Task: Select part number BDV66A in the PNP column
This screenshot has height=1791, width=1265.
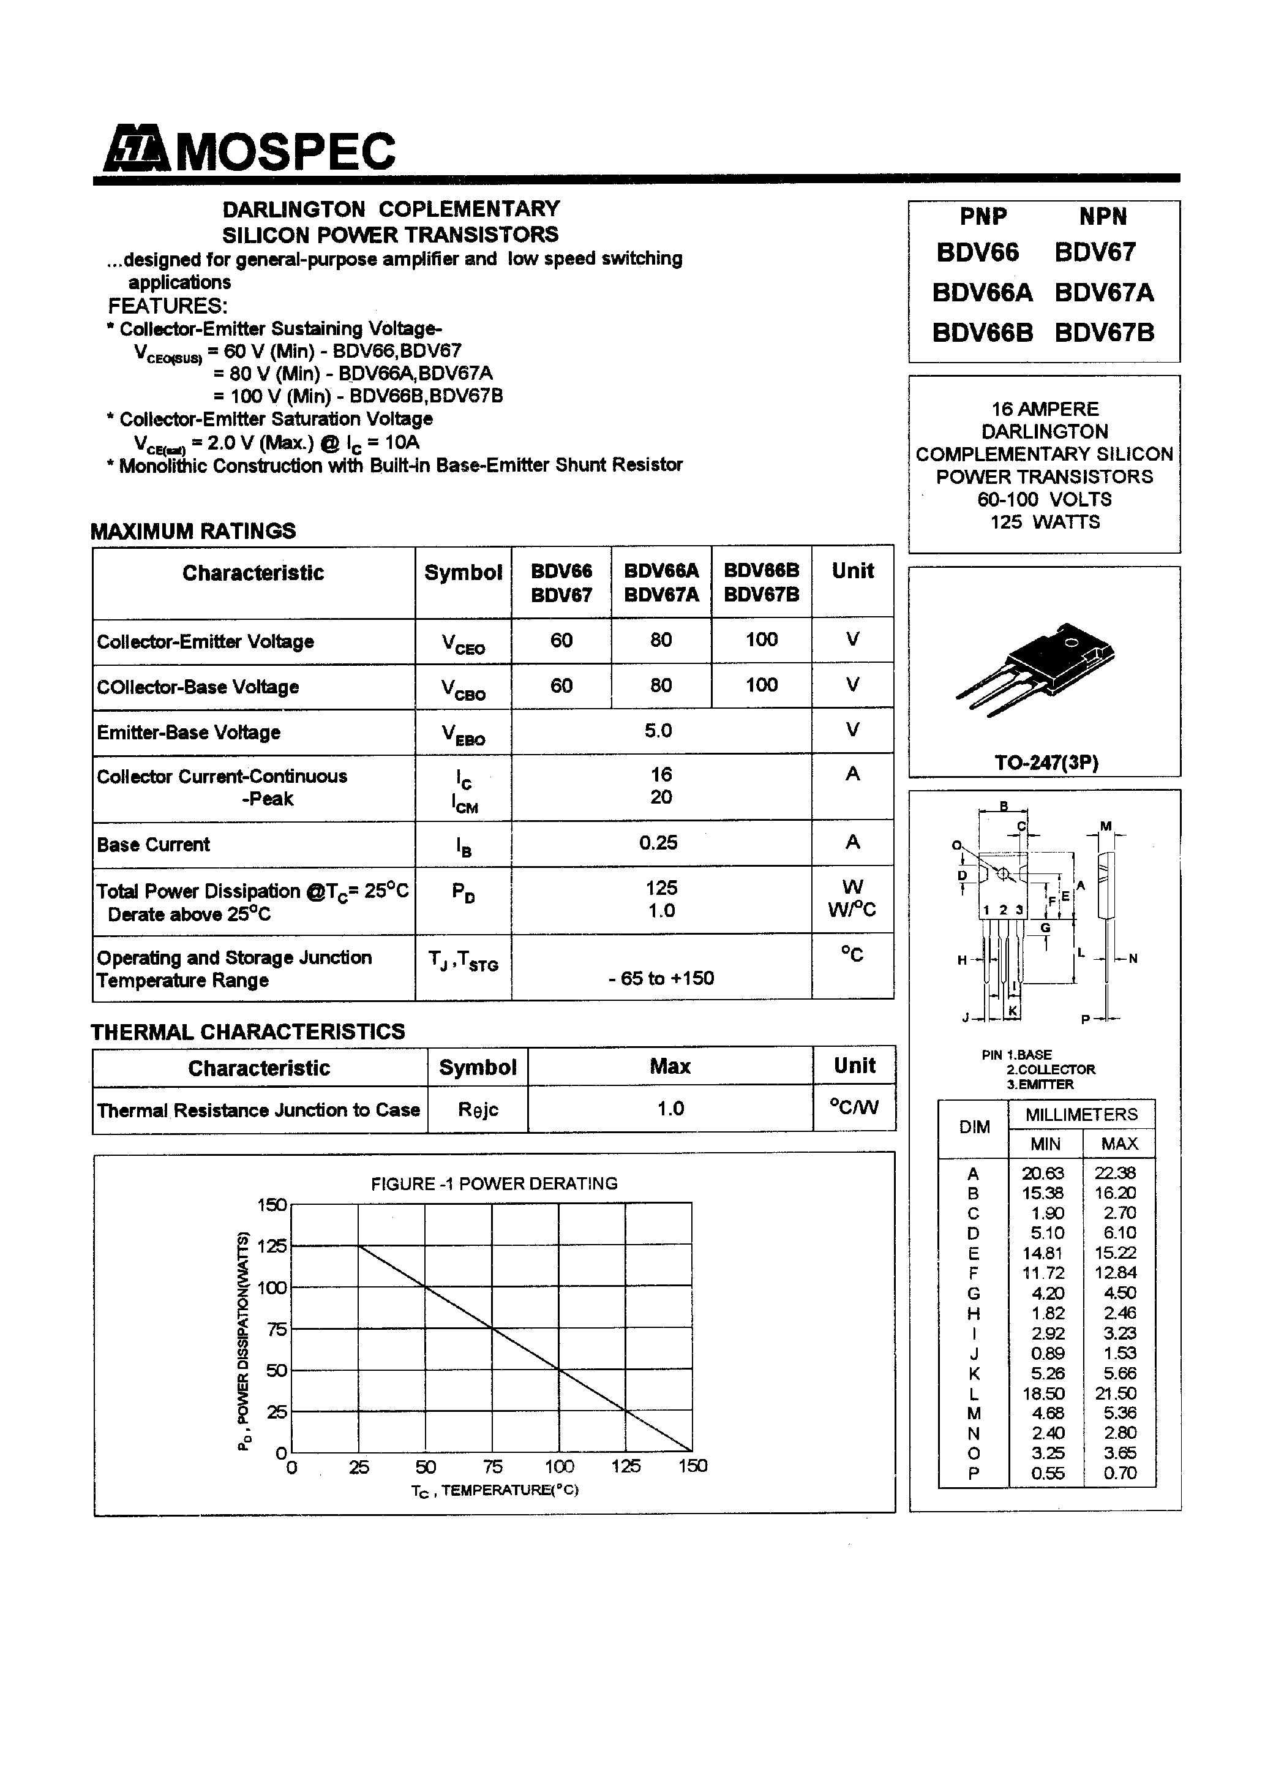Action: [982, 293]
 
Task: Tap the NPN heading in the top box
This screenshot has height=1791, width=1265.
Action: [1103, 216]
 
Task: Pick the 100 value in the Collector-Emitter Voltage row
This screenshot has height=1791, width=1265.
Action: [761, 639]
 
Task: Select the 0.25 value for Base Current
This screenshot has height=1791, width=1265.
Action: [658, 842]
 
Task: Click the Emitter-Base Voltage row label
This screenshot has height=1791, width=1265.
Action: [189, 733]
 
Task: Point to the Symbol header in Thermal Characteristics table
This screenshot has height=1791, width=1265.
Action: [478, 1067]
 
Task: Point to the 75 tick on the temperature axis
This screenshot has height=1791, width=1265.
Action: [492, 1466]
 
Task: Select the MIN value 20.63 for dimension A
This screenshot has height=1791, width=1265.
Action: [1043, 1172]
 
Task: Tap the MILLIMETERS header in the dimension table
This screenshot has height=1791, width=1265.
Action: [1081, 1114]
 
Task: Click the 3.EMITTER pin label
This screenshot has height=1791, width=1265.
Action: [1040, 1084]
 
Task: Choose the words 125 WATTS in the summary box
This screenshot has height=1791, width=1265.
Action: [1045, 522]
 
